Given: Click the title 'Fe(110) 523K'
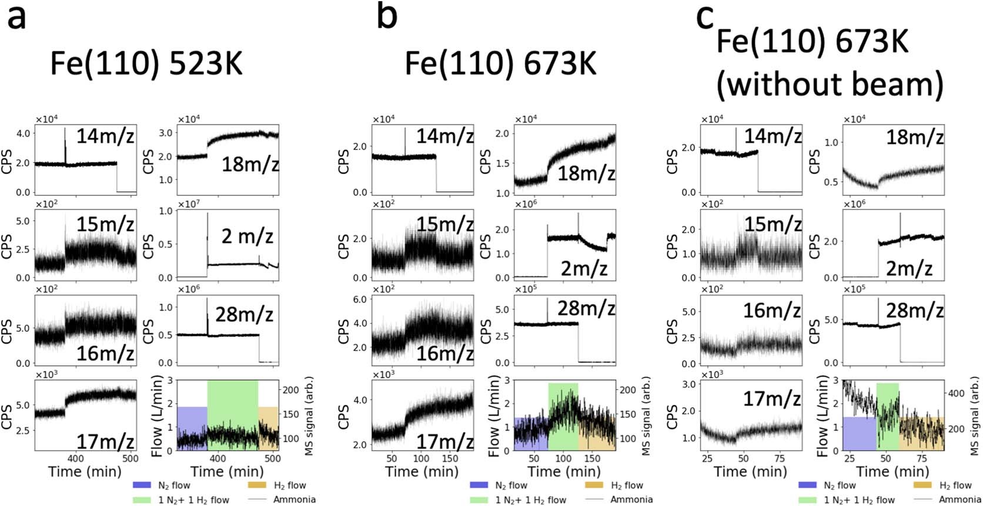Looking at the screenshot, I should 146,63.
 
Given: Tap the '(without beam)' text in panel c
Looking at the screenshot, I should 829,84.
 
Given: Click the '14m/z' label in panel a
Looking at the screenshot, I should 105,137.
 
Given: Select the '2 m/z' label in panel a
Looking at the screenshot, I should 248,236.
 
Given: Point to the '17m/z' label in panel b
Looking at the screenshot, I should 445,441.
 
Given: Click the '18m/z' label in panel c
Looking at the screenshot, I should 914,138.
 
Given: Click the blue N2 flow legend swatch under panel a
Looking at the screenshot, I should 142,485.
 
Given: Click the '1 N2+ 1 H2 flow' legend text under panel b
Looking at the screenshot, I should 530,500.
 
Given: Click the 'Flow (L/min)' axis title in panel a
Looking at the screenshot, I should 157,415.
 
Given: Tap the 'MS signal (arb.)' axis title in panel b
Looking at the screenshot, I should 646,415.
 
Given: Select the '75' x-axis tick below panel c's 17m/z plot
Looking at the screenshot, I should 780,459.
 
